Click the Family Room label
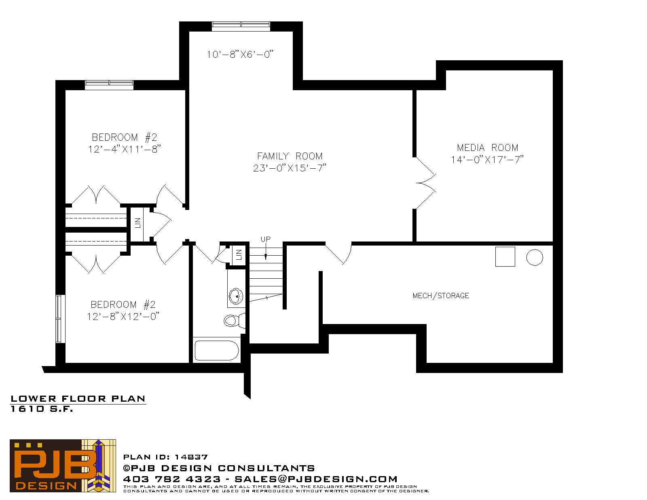pyautogui.click(x=290, y=156)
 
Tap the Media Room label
pyautogui.click(x=487, y=148)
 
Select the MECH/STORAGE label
pyautogui.click(x=441, y=296)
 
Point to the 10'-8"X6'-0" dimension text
pyautogui.click(x=240, y=54)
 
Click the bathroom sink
pyautogui.click(x=236, y=296)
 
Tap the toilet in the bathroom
pyautogui.click(x=235, y=321)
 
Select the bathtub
pyautogui.click(x=217, y=350)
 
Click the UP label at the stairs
pyautogui.click(x=265, y=239)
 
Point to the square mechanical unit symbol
pyautogui.click(x=505, y=256)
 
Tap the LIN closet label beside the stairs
pyautogui.click(x=239, y=254)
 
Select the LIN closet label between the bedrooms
pyautogui.click(x=137, y=223)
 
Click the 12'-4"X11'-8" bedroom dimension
pyautogui.click(x=125, y=149)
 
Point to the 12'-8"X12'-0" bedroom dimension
pyautogui.click(x=123, y=316)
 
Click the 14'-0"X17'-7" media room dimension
pyautogui.click(x=487, y=160)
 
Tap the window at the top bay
pyautogui.click(x=241, y=26)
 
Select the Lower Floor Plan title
pyautogui.click(x=78, y=399)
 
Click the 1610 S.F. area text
pyautogui.click(x=42, y=409)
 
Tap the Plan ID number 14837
pyautogui.click(x=191, y=457)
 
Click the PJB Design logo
pyautogui.click(x=63, y=466)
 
